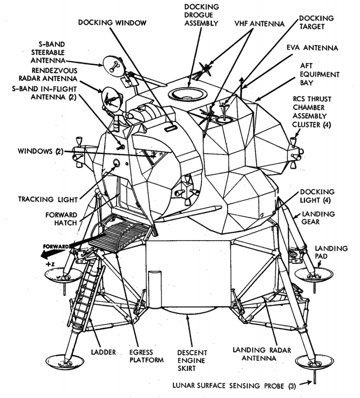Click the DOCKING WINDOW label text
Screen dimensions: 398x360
coord(112,22)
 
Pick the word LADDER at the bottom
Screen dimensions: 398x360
coord(103,352)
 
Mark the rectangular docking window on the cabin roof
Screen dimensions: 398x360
coord(170,129)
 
